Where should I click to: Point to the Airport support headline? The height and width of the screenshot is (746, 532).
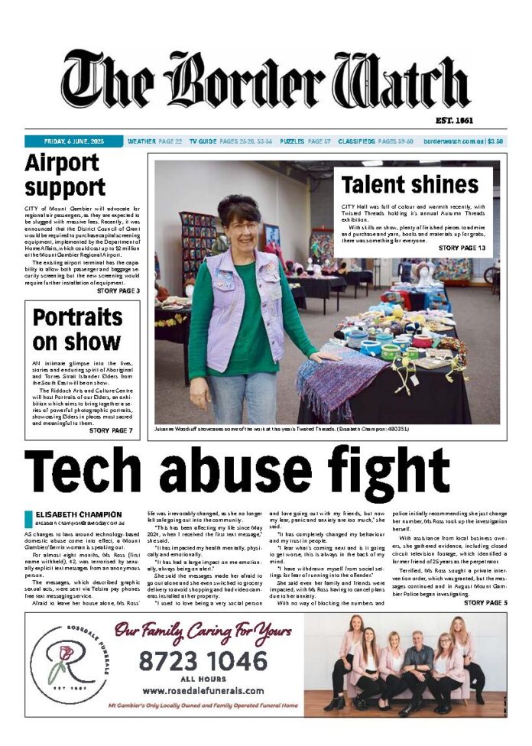[65, 175]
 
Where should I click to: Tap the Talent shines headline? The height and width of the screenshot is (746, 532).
[410, 184]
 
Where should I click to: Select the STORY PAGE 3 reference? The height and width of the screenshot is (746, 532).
[118, 290]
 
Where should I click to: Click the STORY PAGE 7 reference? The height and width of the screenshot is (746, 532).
[111, 431]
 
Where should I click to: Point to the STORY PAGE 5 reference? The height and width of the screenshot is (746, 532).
[485, 603]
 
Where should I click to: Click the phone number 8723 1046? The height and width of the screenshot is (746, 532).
[202, 659]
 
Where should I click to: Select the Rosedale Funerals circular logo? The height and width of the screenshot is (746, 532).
[70, 664]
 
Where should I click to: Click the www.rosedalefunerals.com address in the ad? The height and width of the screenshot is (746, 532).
[203, 691]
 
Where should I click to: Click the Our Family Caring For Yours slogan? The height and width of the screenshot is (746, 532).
[203, 631]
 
